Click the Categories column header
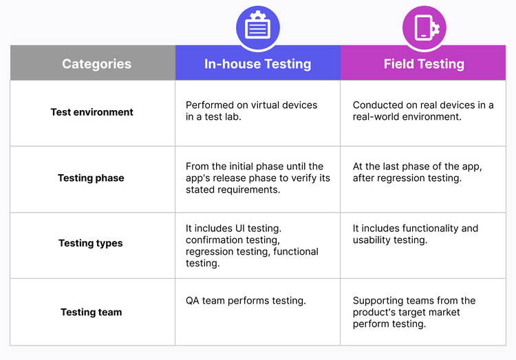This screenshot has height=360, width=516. point(96,64)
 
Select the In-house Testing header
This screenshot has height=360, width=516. point(257,64)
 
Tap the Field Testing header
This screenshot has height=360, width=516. point(424,64)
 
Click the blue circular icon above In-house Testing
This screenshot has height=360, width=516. point(257,28)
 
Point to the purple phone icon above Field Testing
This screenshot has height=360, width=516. point(424,28)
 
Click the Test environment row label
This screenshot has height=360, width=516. point(92,112)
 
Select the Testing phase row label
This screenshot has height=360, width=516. point(91,178)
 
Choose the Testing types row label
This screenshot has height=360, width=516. point(91,243)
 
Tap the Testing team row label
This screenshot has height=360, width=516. point(91,312)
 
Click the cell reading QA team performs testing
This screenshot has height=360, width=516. point(246,300)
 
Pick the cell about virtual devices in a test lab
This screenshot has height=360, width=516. point(251,111)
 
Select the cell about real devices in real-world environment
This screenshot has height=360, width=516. point(422,111)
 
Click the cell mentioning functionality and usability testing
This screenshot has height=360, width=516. point(415,234)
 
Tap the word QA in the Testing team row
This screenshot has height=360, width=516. point(193,300)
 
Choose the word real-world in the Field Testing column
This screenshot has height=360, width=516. point(378,117)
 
